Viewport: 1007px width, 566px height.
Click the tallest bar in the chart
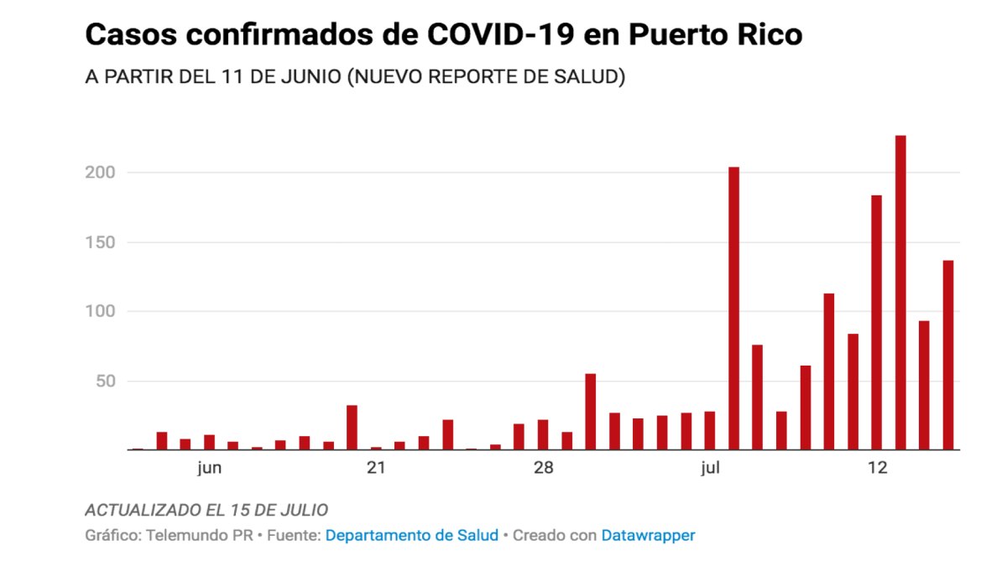tap(900, 293)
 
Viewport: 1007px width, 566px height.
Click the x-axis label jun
tap(210, 468)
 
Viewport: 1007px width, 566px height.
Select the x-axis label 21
tap(376, 468)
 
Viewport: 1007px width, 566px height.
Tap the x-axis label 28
tap(543, 468)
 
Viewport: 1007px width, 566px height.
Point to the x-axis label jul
tap(710, 468)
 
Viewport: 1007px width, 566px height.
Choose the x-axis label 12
tap(877, 468)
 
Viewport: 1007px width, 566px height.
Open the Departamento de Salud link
tap(411, 535)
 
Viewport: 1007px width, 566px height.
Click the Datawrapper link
tap(648, 535)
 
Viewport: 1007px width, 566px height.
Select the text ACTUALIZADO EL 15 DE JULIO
tap(206, 510)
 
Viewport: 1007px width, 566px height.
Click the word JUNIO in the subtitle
tap(311, 76)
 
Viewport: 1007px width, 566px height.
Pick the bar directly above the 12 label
tap(877, 323)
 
